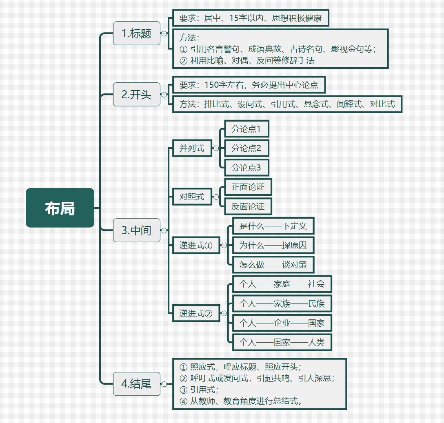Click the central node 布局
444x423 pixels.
coord(60,208)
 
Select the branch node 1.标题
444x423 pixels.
coord(137,33)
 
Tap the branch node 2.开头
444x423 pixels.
coord(137,94)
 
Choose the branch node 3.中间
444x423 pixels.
coord(137,230)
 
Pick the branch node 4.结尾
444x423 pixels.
coord(137,384)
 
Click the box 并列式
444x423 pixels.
coord(192,148)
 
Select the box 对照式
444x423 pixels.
coord(192,197)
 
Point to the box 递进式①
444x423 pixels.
coord(196,245)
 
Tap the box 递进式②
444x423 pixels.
coord(196,313)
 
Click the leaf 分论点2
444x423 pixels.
coord(246,148)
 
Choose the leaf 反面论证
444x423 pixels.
coord(248,206)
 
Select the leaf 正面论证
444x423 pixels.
coord(248,187)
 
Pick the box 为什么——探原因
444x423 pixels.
coord(273,245)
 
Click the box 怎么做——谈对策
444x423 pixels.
coord(273,265)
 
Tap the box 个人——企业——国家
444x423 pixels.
coord(282,323)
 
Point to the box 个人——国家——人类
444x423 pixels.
coord(282,342)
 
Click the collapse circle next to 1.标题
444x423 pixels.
coord(164,33)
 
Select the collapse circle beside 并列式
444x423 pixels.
coord(216,148)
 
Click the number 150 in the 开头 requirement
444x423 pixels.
coord(212,85)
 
